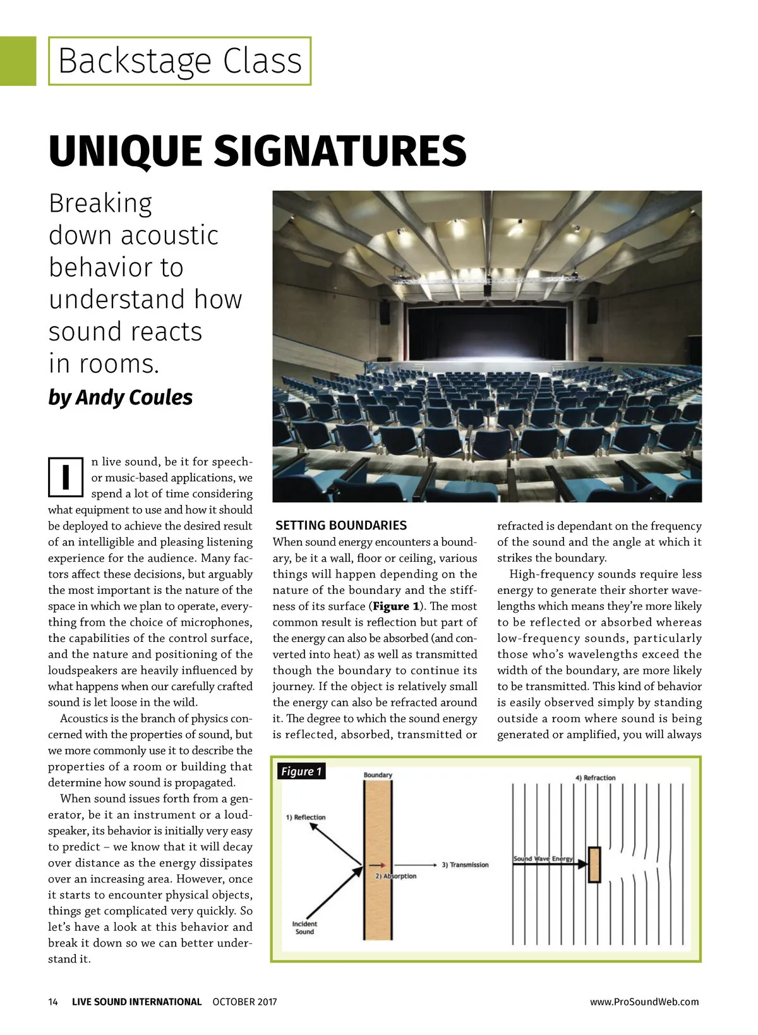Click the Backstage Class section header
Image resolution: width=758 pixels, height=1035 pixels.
coord(180,61)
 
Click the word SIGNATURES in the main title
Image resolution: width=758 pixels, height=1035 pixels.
coord(340,152)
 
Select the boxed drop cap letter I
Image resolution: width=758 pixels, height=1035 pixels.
coord(66,476)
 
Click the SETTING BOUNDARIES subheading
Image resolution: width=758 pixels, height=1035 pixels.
coord(341,526)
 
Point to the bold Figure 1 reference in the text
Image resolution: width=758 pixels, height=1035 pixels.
coord(396,607)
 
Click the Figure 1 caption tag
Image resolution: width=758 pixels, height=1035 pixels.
coord(301,772)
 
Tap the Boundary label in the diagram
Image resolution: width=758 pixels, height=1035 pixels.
coord(378,775)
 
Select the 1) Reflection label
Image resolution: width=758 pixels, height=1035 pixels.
coord(306,818)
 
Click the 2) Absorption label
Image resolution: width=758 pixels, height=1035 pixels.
coord(396,876)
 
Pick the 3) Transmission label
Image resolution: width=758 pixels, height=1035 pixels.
coord(465,865)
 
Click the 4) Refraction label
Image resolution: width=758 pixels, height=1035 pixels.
coord(595,778)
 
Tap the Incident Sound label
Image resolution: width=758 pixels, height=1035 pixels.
coord(304,928)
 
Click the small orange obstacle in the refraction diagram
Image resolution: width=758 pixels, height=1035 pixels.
coord(594,864)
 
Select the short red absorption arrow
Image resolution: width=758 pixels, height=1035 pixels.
coord(377,865)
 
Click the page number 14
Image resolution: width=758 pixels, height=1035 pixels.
coord(53,1002)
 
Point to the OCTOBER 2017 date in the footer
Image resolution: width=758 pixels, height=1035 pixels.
coord(244,1002)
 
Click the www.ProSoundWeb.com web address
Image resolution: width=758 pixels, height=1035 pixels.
coord(644,1002)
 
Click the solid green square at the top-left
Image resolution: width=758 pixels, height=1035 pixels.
coord(18,61)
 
